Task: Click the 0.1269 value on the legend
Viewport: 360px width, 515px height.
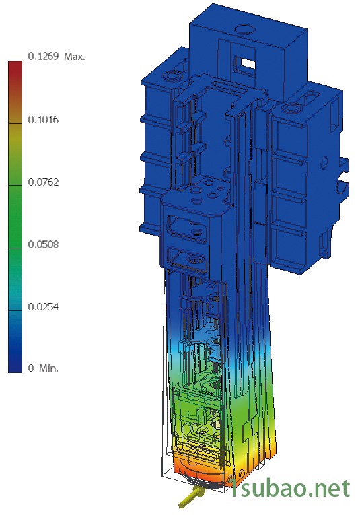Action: click(x=43, y=56)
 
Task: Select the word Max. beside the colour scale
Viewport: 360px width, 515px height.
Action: click(x=75, y=57)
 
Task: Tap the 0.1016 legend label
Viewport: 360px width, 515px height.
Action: click(x=43, y=120)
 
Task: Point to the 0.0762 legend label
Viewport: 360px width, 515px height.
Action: click(x=43, y=182)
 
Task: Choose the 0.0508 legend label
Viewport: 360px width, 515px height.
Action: click(x=43, y=244)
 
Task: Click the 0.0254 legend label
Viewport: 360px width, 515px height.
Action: click(x=43, y=307)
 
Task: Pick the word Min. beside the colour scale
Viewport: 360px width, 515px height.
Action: click(x=48, y=368)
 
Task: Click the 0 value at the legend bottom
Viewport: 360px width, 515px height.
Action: click(x=31, y=368)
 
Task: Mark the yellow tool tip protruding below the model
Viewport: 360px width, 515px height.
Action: click(x=191, y=496)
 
